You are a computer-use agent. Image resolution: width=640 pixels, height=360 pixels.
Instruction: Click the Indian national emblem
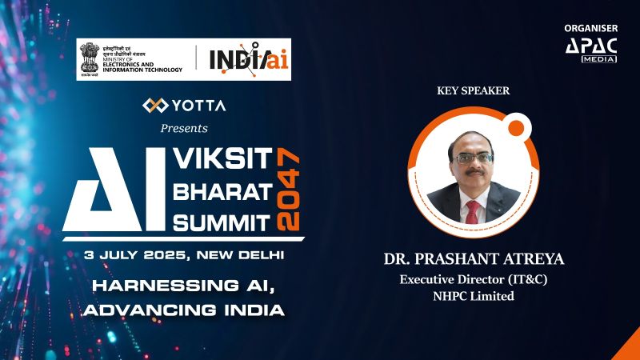pyautogui.click(x=88, y=57)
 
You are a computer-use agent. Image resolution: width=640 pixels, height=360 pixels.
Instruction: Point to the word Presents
pyautogui.click(x=184, y=128)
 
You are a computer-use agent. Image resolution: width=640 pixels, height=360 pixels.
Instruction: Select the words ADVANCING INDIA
pyautogui.click(x=184, y=309)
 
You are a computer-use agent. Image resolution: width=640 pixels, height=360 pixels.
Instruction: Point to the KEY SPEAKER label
pyautogui.click(x=474, y=90)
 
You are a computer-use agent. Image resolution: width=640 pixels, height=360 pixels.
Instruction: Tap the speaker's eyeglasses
pyautogui.click(x=473, y=158)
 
